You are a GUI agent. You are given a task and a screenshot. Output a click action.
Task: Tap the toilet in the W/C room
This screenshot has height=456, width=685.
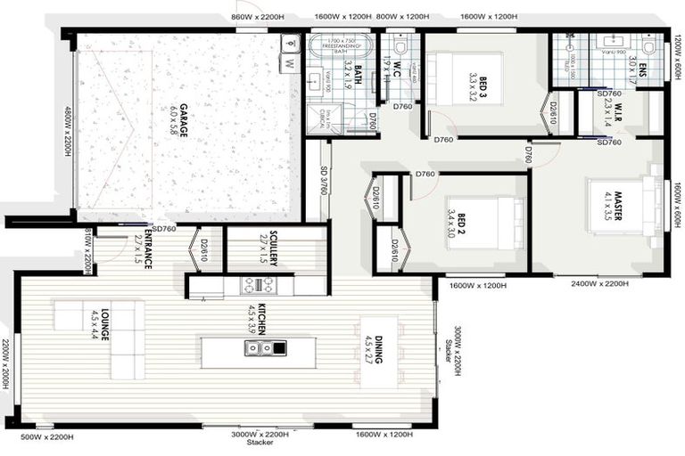coord(400,45)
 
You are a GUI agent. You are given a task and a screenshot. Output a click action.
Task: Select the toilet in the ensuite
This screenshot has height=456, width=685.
coord(648,45)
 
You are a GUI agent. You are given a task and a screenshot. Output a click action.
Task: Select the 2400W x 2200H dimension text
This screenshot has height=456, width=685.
coord(599,284)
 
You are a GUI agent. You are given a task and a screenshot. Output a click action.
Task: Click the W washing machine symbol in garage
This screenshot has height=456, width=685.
coord(289,63)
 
